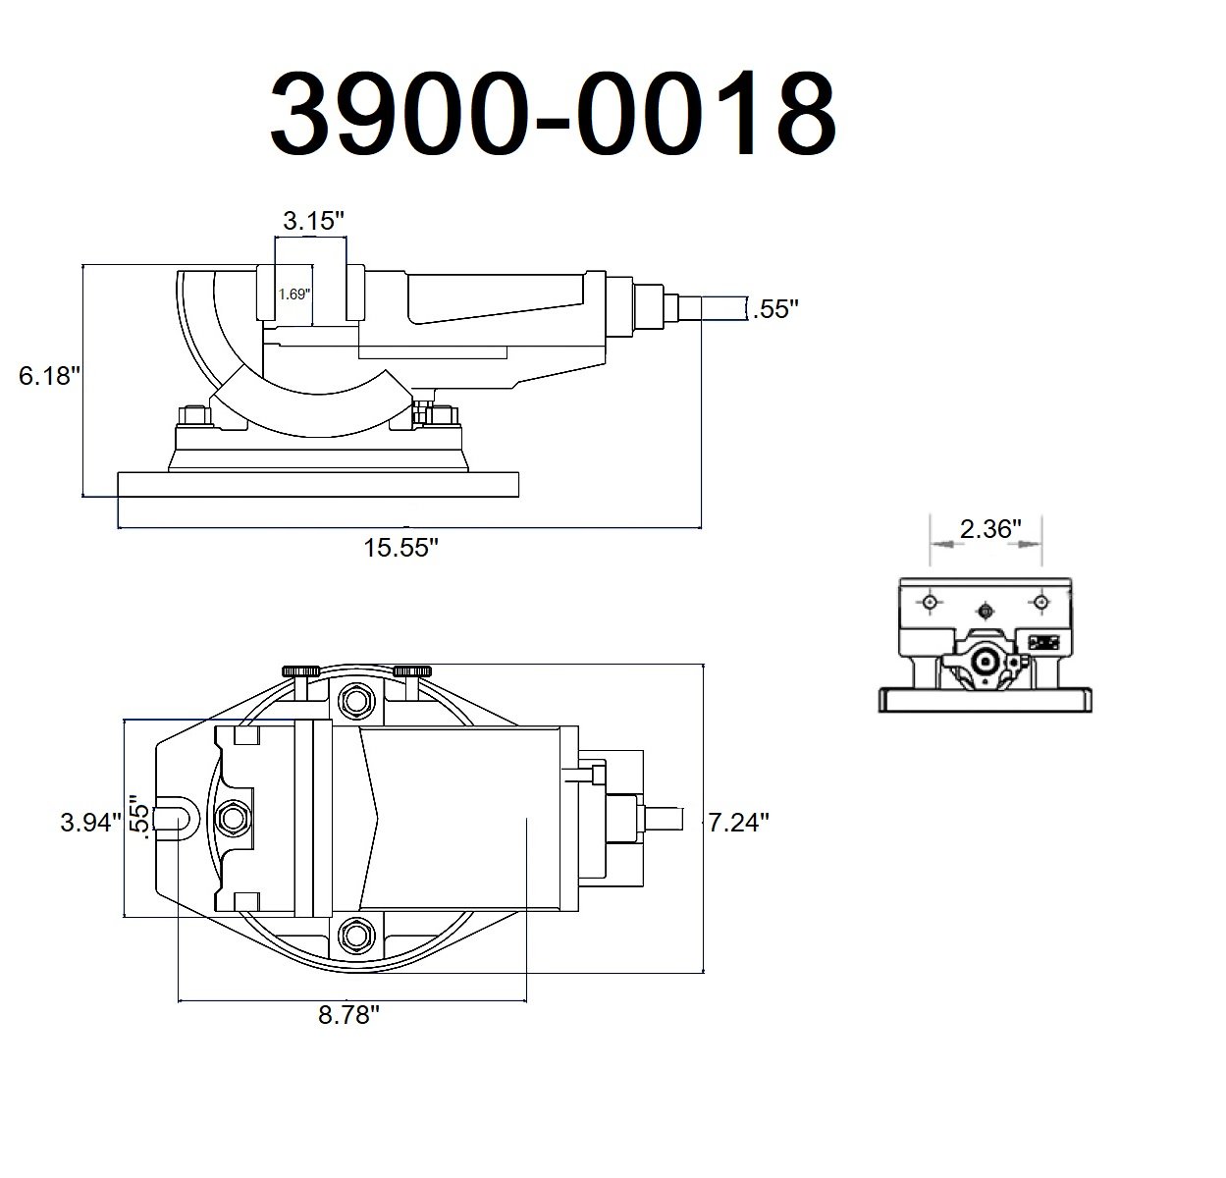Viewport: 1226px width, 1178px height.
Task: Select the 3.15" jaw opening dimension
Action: (x=314, y=221)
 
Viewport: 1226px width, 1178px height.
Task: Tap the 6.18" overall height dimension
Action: (x=48, y=375)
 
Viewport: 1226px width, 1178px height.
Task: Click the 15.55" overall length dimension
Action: (x=400, y=548)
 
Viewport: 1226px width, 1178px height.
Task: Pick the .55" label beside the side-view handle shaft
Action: (x=774, y=309)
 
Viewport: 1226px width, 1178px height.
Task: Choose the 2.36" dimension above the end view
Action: (x=991, y=529)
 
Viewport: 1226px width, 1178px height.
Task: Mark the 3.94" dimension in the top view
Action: (x=90, y=823)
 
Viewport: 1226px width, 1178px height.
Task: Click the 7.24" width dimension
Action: (x=738, y=823)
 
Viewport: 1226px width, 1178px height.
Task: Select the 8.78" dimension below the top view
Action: (x=348, y=1016)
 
